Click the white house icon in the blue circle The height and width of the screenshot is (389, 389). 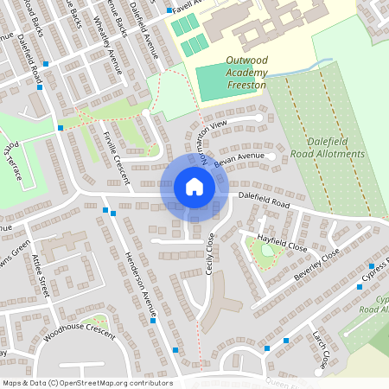click(x=194, y=186)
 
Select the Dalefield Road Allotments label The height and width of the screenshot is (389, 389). click(x=335, y=147)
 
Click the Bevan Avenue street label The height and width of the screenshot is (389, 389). click(x=237, y=160)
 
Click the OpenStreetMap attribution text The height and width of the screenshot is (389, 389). click(x=86, y=382)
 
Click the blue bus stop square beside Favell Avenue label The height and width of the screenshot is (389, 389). click(x=169, y=12)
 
